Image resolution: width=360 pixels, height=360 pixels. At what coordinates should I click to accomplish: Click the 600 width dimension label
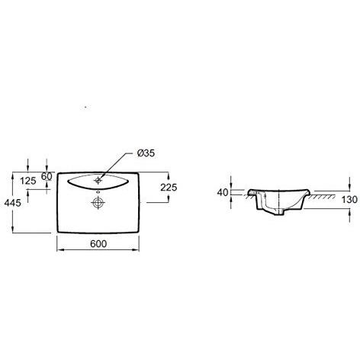click(98, 244)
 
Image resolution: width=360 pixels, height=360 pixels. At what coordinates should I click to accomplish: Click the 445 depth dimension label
click(13, 203)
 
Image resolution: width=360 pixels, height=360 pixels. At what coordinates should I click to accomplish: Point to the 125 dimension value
click(28, 181)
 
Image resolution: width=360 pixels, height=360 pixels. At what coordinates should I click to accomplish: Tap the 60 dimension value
click(47, 176)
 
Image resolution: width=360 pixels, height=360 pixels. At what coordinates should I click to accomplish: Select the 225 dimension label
click(169, 188)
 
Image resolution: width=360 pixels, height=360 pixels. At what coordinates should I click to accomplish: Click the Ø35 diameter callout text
click(146, 153)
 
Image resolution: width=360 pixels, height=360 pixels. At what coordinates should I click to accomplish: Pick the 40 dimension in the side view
click(223, 193)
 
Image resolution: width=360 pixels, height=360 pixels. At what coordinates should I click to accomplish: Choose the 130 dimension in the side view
click(349, 200)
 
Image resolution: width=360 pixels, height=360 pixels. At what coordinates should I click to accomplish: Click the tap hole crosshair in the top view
click(98, 180)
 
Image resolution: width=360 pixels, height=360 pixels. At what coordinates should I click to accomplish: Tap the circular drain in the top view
click(98, 203)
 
